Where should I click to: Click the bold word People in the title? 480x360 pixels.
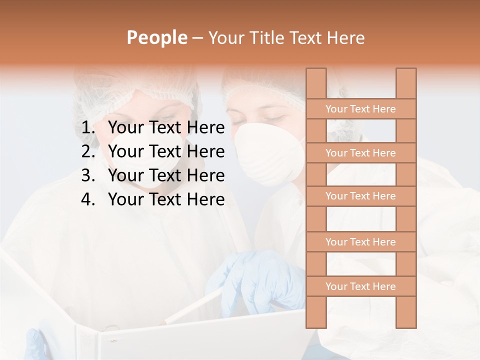[x=156, y=38]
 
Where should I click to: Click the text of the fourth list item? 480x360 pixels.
[x=166, y=199]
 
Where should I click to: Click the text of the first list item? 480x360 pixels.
[x=166, y=128]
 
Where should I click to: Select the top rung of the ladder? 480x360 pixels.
[x=360, y=109]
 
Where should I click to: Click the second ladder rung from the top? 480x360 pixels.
[x=360, y=153]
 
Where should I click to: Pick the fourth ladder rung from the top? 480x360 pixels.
[x=360, y=242]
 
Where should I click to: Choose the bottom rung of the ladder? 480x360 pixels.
[x=360, y=286]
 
